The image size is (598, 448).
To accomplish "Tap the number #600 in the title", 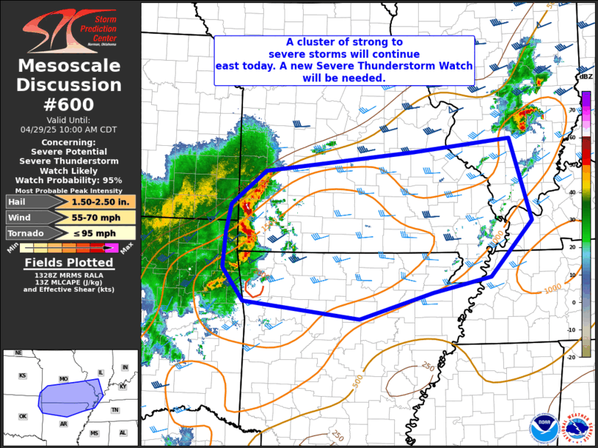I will (x=69, y=104).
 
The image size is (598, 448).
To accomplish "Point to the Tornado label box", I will (x=26, y=233).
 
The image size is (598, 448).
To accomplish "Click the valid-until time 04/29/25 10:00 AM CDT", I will (x=69, y=129).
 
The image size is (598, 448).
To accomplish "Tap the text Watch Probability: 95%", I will (x=69, y=180).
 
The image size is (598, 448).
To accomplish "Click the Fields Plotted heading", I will (x=69, y=262).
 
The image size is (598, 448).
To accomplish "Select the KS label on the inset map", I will (x=23, y=375).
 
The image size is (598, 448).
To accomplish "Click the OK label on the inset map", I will (x=23, y=416).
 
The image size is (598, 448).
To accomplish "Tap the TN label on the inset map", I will (x=115, y=410).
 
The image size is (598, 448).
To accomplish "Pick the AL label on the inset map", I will (x=123, y=433).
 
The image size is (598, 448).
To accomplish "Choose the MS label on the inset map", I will (x=95, y=433).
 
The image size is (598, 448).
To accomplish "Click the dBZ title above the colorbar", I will (x=586, y=77).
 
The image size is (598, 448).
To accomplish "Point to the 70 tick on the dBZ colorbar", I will (x=572, y=109).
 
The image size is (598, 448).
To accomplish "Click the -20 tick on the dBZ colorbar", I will (x=571, y=355).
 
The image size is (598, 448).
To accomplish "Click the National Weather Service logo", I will (x=576, y=430).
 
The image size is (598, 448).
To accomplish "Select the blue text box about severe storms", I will (x=344, y=60).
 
